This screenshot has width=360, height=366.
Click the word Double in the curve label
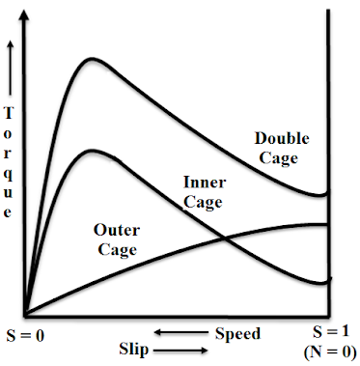point(282,139)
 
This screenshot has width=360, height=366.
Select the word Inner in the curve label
point(204,183)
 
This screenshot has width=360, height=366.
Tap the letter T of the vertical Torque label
point(10,114)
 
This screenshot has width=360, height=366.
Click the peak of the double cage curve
point(91,60)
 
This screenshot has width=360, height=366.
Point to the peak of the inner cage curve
point(91,150)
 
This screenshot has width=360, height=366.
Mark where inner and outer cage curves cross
point(224,238)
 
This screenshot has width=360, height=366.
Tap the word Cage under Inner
point(204,202)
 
